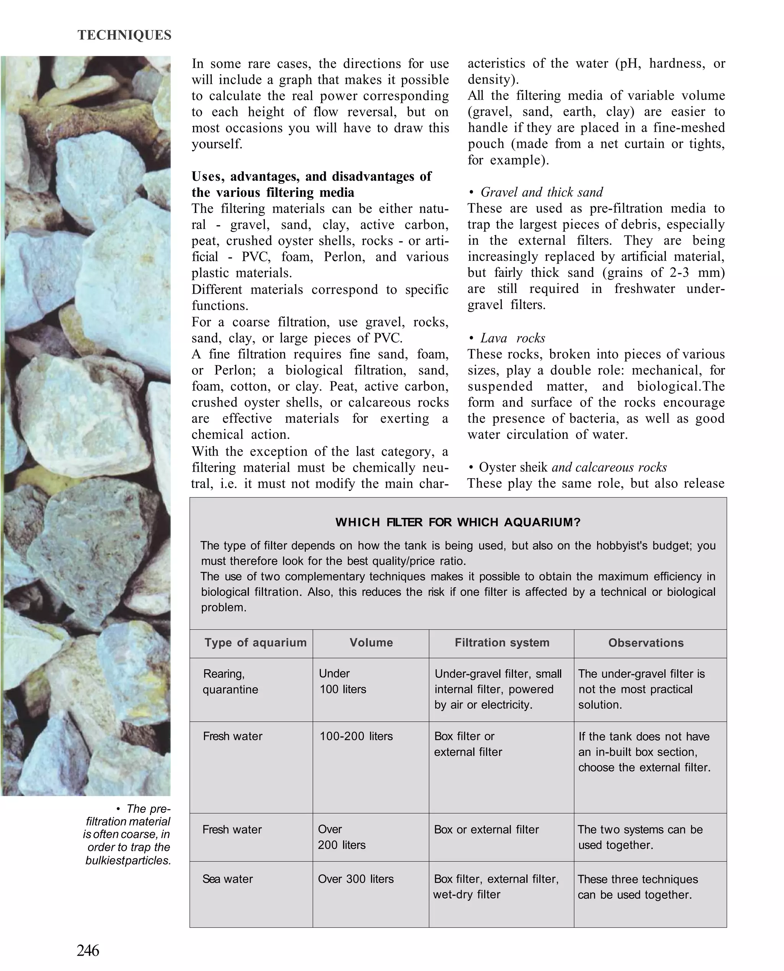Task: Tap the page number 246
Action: tap(88, 950)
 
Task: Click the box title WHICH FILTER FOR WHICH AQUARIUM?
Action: tap(457, 522)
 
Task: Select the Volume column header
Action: tap(371, 642)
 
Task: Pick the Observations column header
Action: tap(645, 642)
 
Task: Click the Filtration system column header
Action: tap(502, 642)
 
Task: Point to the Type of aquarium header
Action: tap(255, 642)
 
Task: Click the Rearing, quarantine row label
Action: tap(230, 682)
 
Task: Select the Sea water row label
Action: tap(228, 879)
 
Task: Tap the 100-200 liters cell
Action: tap(356, 736)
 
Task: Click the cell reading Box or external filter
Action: tap(486, 830)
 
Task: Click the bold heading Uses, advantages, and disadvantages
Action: tap(311, 184)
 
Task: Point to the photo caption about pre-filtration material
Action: tap(128, 834)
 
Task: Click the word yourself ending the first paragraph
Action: tap(217, 144)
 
